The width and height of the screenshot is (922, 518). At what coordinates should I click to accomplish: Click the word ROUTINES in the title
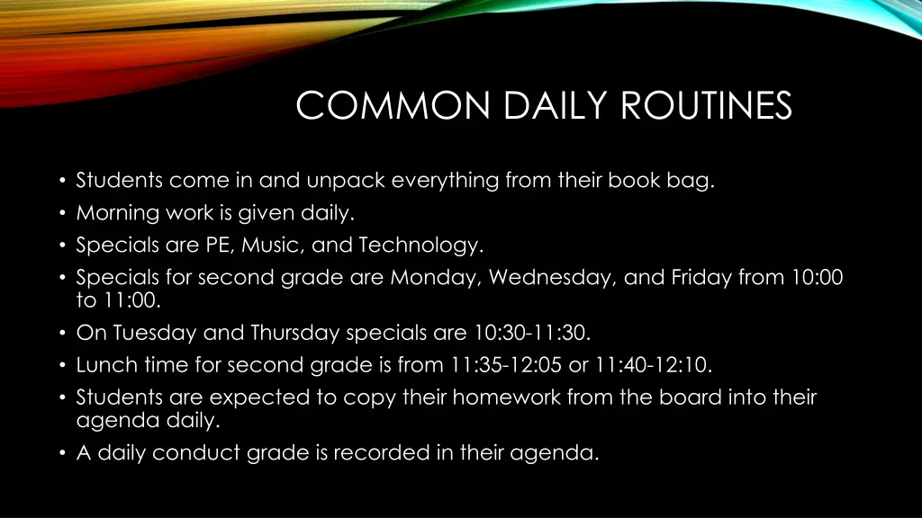click(706, 106)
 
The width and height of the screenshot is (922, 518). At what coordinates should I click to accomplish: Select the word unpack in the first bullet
click(345, 181)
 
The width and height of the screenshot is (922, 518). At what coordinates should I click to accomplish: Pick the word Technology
click(420, 245)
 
